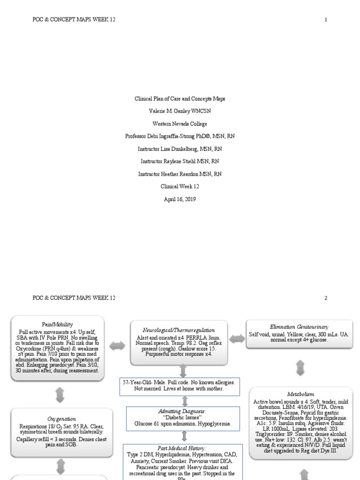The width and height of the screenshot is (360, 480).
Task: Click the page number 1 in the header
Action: tap(326, 19)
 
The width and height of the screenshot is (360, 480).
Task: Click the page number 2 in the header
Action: tap(326, 298)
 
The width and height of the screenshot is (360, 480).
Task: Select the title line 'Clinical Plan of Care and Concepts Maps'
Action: tap(180, 99)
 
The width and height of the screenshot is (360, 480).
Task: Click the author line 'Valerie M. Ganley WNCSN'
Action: tap(180, 112)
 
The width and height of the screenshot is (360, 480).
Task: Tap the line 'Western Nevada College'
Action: tap(180, 124)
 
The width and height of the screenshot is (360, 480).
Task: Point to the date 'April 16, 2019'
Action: tap(180, 199)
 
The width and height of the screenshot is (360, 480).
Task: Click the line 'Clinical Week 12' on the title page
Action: tap(180, 186)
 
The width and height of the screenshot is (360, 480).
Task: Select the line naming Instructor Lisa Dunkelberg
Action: tap(180, 149)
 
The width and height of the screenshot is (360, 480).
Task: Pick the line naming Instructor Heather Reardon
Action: tap(180, 174)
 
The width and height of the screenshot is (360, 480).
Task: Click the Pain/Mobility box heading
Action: tap(60, 324)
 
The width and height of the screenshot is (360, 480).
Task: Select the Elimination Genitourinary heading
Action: tap(300, 326)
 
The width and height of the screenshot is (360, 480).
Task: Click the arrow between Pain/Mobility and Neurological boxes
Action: tap(117, 345)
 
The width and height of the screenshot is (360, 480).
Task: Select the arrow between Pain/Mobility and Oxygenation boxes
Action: tap(60, 395)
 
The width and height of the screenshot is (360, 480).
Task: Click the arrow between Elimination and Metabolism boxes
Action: tap(300, 367)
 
